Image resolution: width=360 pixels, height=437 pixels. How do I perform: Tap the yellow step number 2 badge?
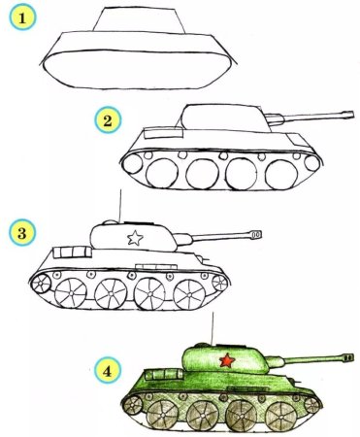[x=108, y=120]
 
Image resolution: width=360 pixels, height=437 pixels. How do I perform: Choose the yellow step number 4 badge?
[x=109, y=369]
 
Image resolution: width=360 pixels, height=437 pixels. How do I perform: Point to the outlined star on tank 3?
[x=136, y=236]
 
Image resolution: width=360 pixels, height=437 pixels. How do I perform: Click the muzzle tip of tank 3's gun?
[x=257, y=234]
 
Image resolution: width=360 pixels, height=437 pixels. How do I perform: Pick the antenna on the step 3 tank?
[x=118, y=205]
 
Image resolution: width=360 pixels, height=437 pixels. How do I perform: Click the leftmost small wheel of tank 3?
[x=42, y=283]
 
